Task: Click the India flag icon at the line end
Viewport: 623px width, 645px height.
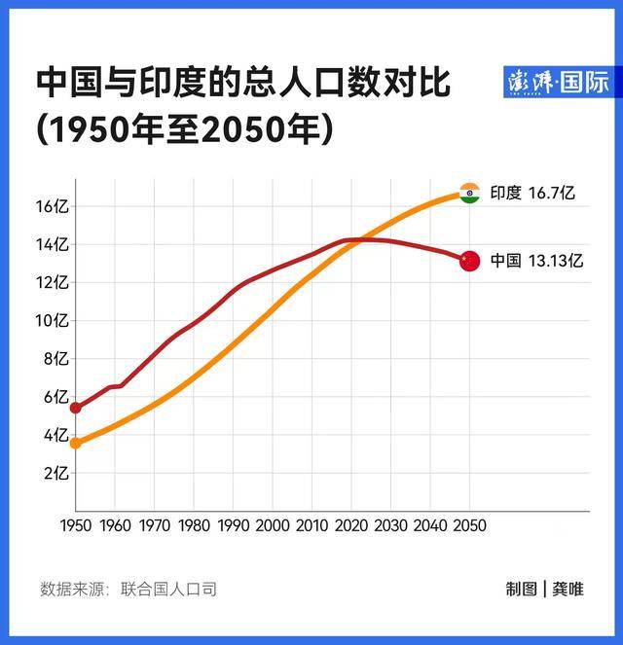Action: (x=470, y=193)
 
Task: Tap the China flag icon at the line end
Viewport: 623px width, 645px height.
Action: (x=470, y=261)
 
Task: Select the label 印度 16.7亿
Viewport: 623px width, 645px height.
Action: (x=532, y=193)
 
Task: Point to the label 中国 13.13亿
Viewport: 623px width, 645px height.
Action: (x=536, y=261)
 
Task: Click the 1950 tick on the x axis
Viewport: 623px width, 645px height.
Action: (x=75, y=525)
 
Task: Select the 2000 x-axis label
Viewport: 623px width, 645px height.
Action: (x=273, y=525)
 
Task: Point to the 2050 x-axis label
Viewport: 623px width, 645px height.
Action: (x=469, y=525)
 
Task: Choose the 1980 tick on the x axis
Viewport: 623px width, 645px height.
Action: (x=194, y=525)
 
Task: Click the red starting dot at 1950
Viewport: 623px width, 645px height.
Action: (x=75, y=408)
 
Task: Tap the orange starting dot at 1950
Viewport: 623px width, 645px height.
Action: (x=75, y=444)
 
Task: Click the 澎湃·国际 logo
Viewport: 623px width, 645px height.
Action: (x=559, y=83)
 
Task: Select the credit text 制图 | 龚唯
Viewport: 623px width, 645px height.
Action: (x=544, y=589)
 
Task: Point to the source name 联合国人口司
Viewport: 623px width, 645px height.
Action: (x=168, y=589)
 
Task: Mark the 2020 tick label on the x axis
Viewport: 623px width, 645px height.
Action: (x=351, y=525)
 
